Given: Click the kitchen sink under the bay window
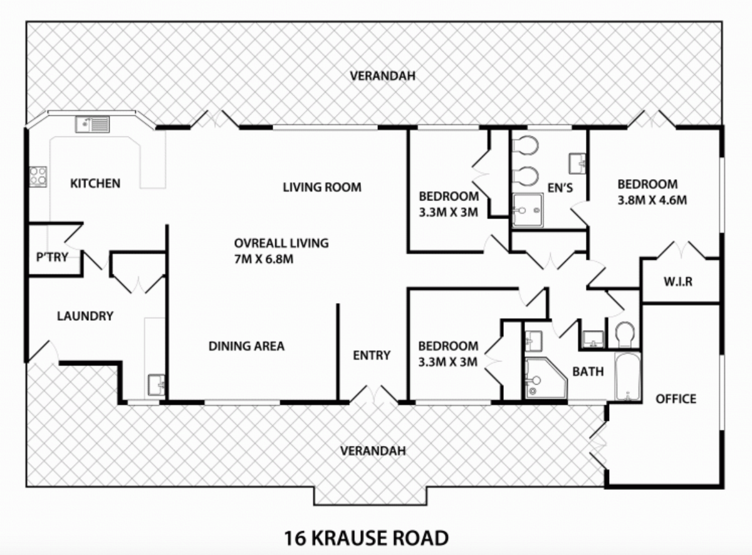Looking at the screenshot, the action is click(x=92, y=124).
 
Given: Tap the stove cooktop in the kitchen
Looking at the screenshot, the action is click(x=38, y=177).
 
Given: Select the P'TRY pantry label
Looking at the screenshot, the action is click(x=52, y=257).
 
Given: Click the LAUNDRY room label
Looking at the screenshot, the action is click(x=85, y=316).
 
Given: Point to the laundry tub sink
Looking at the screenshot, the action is click(x=157, y=385).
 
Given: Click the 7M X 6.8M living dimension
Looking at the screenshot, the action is click(x=264, y=259).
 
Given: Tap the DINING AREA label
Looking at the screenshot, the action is click(x=246, y=346).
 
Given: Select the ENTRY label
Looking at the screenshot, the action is click(x=372, y=355).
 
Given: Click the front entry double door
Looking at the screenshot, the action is click(x=373, y=394).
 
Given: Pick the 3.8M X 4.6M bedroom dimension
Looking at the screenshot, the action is click(x=652, y=200).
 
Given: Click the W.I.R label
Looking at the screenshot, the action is click(x=678, y=281).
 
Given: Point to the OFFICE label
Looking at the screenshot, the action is click(x=676, y=398).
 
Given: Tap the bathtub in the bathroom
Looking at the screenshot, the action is click(x=627, y=376).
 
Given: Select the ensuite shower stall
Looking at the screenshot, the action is click(x=528, y=210).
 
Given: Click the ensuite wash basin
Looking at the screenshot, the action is click(x=577, y=163).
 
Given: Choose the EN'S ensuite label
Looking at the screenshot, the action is click(x=560, y=187).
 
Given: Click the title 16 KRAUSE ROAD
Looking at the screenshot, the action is click(x=366, y=538).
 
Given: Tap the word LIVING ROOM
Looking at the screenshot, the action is click(x=322, y=187).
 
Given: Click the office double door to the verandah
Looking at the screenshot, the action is click(x=597, y=444).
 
